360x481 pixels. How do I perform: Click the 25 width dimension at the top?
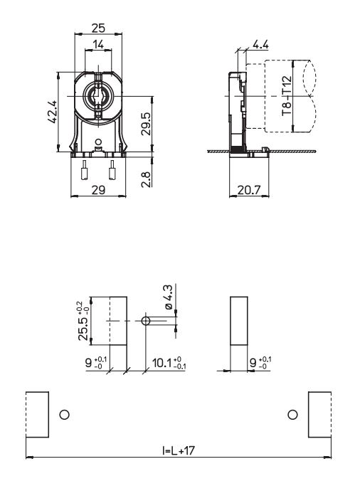click(98, 28)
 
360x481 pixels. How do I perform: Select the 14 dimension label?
click(98, 45)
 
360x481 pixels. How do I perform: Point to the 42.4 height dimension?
click(53, 112)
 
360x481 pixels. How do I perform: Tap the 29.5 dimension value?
click(146, 124)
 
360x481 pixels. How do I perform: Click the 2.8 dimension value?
click(146, 179)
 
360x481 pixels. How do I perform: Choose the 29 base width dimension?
click(98, 190)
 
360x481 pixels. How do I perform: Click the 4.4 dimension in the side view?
click(260, 45)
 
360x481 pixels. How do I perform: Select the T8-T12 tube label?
click(287, 96)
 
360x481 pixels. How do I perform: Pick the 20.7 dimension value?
click(249, 190)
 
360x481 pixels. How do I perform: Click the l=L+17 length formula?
click(179, 450)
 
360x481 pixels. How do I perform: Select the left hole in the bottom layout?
click(65, 415)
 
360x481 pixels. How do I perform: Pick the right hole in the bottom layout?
click(293, 415)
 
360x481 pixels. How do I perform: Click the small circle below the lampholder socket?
click(98, 142)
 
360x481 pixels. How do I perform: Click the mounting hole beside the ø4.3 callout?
click(146, 321)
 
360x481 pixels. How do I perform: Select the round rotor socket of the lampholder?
click(98, 96)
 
